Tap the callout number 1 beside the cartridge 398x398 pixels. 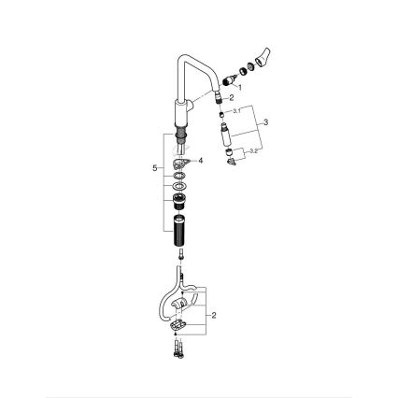239,86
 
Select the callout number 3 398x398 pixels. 266,122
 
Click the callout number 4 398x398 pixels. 200,161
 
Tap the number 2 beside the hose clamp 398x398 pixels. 214,316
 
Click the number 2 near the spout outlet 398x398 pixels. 232,97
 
